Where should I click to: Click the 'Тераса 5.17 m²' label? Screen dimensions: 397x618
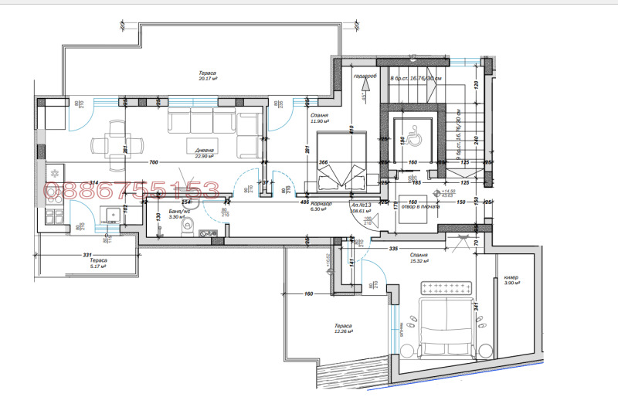[x=97, y=265]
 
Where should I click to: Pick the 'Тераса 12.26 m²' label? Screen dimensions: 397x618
[x=344, y=329]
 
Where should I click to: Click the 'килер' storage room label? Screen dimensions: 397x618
[x=511, y=280]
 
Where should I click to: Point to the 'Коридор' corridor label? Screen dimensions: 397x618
[x=321, y=204]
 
